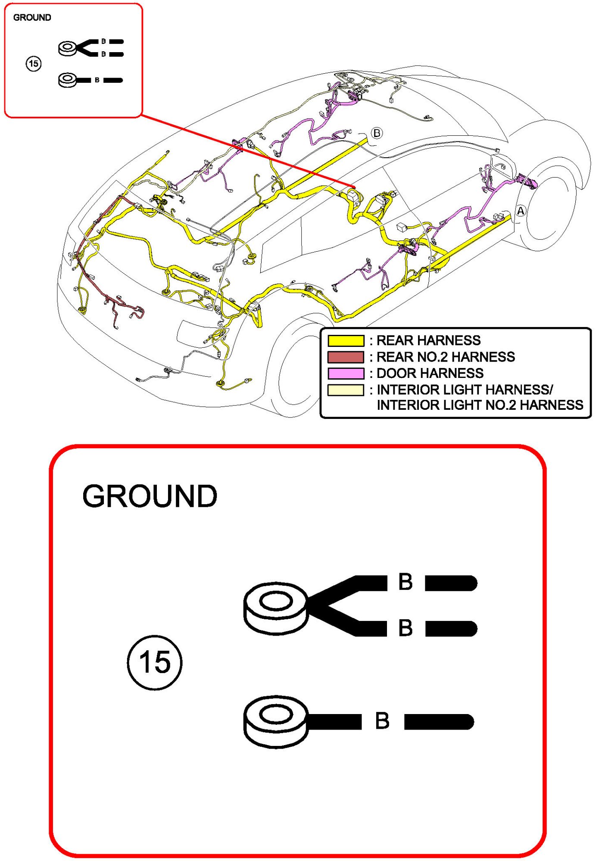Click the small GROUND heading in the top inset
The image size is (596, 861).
[x=32, y=18]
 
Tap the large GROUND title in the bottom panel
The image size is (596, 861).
[x=150, y=496]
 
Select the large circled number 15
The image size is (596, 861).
[x=155, y=662]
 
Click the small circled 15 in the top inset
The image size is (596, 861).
[x=34, y=64]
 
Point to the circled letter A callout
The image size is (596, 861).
[x=521, y=211]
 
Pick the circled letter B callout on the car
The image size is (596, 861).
[x=377, y=133]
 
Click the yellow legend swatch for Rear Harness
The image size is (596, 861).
[x=346, y=341]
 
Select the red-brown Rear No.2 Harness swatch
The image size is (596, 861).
[x=346, y=357]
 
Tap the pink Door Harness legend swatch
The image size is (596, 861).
[x=346, y=373]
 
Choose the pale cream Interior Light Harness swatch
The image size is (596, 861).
[x=346, y=390]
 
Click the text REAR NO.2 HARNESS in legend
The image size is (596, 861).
[x=446, y=357]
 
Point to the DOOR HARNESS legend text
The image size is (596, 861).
[x=430, y=373]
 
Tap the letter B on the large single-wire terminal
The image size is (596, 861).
[x=382, y=721]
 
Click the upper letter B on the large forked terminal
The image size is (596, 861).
[x=405, y=582]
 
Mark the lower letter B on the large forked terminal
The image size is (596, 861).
[x=405, y=628]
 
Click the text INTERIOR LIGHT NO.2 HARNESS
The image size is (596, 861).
[x=480, y=405]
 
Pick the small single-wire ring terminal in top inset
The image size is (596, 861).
[x=68, y=80]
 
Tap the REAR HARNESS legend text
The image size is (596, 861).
[x=428, y=340]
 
